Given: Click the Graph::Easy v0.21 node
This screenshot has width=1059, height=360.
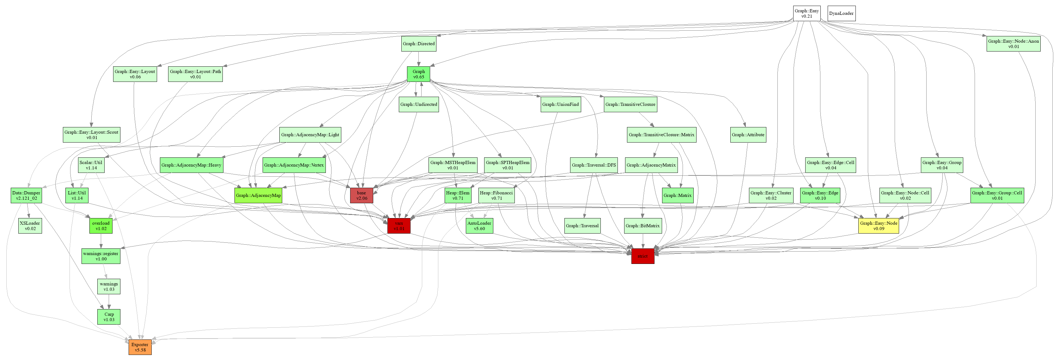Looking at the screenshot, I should tap(806, 14).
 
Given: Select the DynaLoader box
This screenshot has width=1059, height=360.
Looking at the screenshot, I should tap(841, 14).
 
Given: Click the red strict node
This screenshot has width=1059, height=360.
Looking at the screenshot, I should tap(642, 256).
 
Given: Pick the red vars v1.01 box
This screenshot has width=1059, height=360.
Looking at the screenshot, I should tap(399, 226).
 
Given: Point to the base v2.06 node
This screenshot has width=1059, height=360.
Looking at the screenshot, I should tap(361, 195).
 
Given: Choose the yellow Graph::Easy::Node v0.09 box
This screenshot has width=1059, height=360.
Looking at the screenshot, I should tap(879, 226).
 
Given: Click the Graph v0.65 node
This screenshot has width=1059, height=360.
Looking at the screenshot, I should tap(418, 74).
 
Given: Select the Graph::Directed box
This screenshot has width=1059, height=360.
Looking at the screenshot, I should tap(418, 44).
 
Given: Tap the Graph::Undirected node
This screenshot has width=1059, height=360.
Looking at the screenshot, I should tap(418, 104).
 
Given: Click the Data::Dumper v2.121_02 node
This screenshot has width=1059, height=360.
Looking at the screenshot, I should tap(26, 195).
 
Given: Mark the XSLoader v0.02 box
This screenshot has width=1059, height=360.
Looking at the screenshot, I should tap(30, 226).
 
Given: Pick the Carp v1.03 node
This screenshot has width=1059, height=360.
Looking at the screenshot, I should tap(109, 317).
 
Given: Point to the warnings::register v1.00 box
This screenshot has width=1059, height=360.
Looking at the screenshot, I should tap(101, 256).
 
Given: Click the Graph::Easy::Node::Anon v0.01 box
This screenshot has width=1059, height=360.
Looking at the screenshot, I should tap(1013, 44).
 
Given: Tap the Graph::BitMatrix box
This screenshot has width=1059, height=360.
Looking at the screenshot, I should tap(642, 226).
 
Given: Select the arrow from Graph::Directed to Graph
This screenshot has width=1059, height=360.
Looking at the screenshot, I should tap(418, 59).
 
